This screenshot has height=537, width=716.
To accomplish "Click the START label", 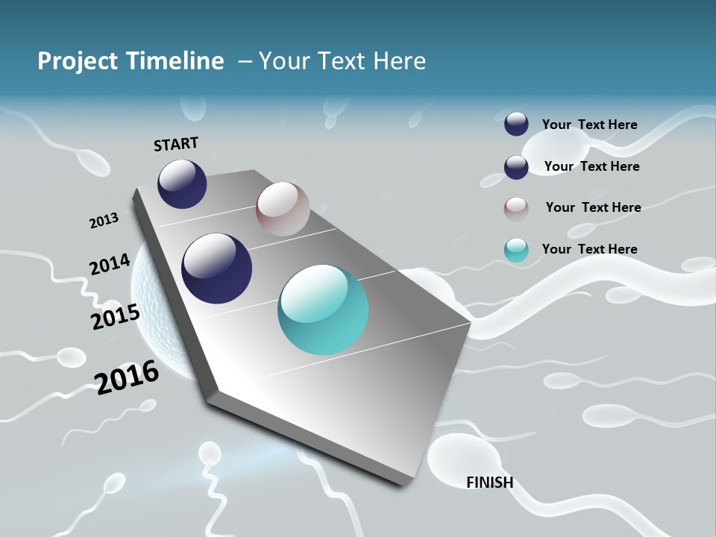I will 176,144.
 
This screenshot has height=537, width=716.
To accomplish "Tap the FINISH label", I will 490,483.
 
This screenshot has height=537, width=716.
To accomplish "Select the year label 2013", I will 104,221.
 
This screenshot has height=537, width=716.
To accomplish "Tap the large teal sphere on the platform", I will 323,310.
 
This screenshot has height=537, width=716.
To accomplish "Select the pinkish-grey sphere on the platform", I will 283,209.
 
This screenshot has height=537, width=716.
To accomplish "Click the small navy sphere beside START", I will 182,183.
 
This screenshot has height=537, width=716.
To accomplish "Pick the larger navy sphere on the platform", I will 216,268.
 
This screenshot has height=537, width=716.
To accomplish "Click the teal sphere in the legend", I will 516,250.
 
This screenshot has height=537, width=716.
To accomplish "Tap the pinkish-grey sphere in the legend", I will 516,209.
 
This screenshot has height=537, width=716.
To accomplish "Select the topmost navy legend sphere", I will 516,124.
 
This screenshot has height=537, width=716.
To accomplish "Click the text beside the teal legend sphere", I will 590,249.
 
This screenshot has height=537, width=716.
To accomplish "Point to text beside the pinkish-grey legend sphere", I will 593,207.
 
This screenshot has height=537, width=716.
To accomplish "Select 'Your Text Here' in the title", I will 342,61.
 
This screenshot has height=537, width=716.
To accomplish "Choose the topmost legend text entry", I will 590,125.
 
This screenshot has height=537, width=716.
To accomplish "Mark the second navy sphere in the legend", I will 516,167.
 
